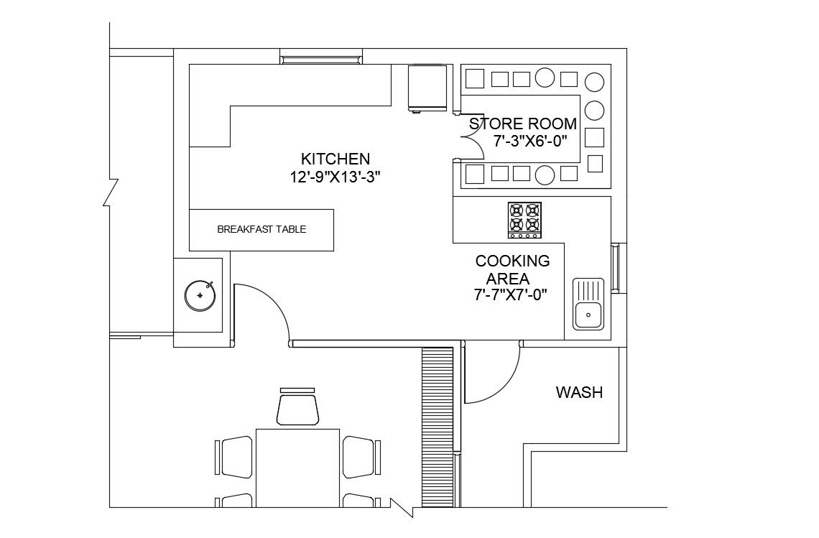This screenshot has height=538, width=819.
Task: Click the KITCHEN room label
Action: coord(336,159)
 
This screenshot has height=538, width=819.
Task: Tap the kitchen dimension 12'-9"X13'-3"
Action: coord(335,177)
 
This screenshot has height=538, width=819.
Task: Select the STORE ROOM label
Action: coord(523,124)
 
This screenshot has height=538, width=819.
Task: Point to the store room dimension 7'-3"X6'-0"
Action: coord(530,141)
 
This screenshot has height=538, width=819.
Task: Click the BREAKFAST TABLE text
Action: coord(262,229)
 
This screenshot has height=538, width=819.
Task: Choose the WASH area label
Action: coord(579,392)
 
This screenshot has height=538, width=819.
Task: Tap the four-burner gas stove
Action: coord(524,220)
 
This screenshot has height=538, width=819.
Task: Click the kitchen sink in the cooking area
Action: coord(588,304)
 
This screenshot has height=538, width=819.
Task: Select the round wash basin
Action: coord(200,296)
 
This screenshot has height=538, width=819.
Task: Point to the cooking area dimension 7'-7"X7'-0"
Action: coord(510,295)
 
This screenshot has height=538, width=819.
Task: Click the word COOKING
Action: coord(512,261)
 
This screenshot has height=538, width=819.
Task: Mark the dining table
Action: coord(297,468)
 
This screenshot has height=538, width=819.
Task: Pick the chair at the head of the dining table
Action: coord(297,407)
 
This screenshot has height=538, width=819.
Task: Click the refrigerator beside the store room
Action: coord(427,88)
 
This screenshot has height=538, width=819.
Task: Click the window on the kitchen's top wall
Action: coord(321,57)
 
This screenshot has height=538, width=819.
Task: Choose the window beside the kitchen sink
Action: coord(615,267)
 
